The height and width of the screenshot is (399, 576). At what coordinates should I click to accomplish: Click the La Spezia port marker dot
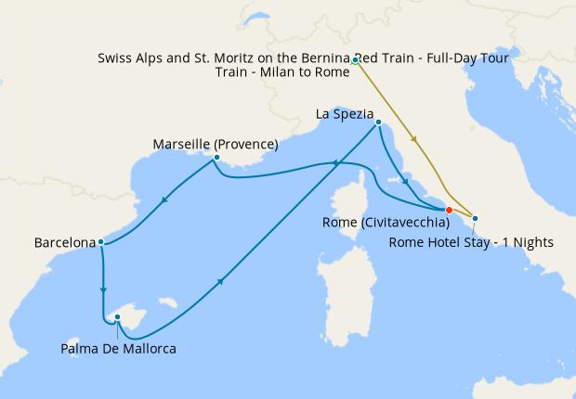[x=379, y=122]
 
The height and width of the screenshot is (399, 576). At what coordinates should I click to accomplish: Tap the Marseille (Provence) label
[x=216, y=144]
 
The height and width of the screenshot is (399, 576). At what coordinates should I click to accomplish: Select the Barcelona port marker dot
[x=100, y=243]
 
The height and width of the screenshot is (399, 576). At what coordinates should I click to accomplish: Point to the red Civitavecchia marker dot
[x=449, y=210]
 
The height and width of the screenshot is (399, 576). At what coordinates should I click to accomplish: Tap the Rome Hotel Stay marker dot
[x=476, y=219]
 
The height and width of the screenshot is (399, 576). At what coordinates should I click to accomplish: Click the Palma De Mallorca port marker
[x=118, y=317]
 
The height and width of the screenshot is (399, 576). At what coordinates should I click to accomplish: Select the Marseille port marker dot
[x=216, y=158]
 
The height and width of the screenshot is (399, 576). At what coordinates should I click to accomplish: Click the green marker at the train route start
[x=356, y=60]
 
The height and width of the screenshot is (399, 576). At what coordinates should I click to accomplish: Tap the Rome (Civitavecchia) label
[x=399, y=223]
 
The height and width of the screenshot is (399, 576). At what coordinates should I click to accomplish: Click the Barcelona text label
[x=65, y=243]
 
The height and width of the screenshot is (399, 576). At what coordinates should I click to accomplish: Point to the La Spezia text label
[x=345, y=113]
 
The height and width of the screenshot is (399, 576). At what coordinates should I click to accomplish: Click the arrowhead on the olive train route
[x=413, y=141]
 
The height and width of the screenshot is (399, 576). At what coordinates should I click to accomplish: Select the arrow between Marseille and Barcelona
[x=165, y=198]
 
